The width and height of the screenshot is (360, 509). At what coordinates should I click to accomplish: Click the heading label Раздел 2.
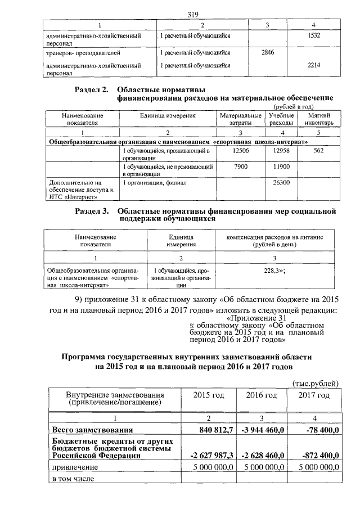[91, 90]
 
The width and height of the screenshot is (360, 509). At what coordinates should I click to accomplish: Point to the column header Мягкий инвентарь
[318, 118]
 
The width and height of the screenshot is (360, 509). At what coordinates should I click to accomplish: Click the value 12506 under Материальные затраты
[240, 151]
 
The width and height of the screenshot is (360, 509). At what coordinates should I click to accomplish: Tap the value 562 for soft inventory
[318, 151]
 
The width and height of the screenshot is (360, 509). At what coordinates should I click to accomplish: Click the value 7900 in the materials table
[240, 167]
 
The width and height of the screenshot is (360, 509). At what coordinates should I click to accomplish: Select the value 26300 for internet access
[280, 183]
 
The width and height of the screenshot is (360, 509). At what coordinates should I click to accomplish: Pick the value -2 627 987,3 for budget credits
[210, 455]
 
